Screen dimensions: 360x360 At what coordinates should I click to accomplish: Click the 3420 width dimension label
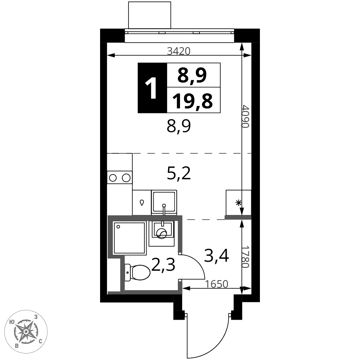point(179,51)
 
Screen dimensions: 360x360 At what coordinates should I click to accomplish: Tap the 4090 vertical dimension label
point(246,116)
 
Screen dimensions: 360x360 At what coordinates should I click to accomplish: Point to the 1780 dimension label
point(246,257)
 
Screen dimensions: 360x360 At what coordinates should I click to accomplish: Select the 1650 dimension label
point(216,284)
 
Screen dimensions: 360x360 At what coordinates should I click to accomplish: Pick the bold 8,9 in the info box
point(192,75)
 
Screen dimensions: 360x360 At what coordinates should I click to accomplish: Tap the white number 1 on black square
point(151,88)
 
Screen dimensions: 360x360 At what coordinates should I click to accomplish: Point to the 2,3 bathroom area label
point(163,265)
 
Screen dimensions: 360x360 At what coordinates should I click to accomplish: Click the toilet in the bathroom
point(138,272)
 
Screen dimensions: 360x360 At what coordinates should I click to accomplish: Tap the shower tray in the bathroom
point(130,238)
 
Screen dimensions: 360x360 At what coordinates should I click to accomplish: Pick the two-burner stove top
point(120,178)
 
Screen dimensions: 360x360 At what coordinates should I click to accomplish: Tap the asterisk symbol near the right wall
point(239,203)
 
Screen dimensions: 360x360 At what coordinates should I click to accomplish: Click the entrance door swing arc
point(208,336)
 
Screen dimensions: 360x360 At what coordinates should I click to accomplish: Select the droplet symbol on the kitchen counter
point(142,202)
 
